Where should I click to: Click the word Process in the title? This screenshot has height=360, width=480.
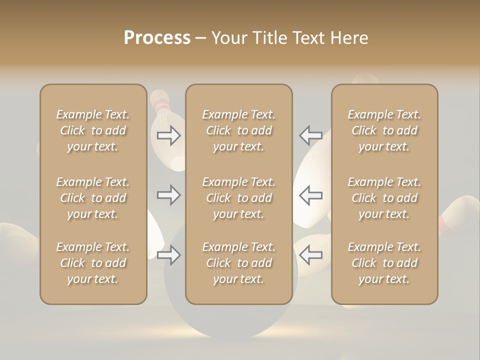pos(157,38)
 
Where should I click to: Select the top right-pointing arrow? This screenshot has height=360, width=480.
pos(169,135)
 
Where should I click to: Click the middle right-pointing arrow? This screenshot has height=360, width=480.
pos(169,195)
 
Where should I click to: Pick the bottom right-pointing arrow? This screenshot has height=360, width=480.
pos(169,255)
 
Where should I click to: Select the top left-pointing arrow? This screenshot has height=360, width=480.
pos(310,135)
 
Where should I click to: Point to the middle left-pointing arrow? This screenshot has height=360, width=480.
pos(310,195)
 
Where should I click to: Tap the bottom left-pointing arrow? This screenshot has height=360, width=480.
pos(310,255)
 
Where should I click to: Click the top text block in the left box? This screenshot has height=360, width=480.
pos(93,130)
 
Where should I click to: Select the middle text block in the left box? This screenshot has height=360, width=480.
pos(93,198)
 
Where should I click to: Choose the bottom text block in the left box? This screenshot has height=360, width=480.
pos(93,263)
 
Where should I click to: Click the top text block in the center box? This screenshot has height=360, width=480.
pos(238,130)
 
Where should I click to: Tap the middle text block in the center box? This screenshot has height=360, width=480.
pos(238,198)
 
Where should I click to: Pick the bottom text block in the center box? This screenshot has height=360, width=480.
pos(238,263)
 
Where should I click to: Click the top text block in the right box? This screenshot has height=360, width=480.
pos(384,130)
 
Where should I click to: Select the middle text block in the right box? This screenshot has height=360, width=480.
pos(384,198)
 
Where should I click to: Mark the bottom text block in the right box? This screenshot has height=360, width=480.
pos(384,263)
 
